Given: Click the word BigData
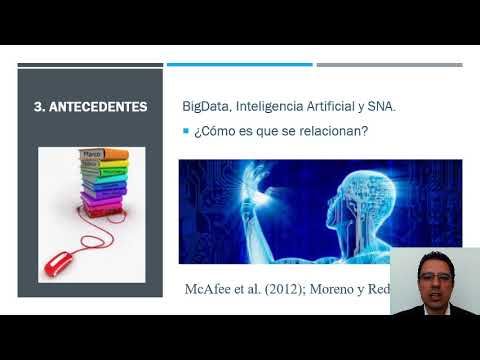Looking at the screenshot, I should [206, 105].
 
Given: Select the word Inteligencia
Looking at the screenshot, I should [266, 105].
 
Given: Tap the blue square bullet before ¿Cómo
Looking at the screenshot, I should [185, 131].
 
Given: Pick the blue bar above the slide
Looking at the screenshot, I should [239, 65].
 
